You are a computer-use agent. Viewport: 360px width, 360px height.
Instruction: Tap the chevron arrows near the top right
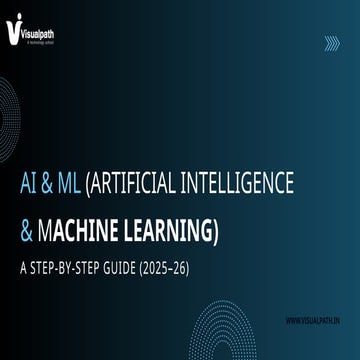pos(332,41)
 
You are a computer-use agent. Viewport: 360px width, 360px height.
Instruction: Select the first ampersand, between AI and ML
pos(50,183)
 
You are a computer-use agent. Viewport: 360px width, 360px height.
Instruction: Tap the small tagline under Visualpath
pos(40,38)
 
